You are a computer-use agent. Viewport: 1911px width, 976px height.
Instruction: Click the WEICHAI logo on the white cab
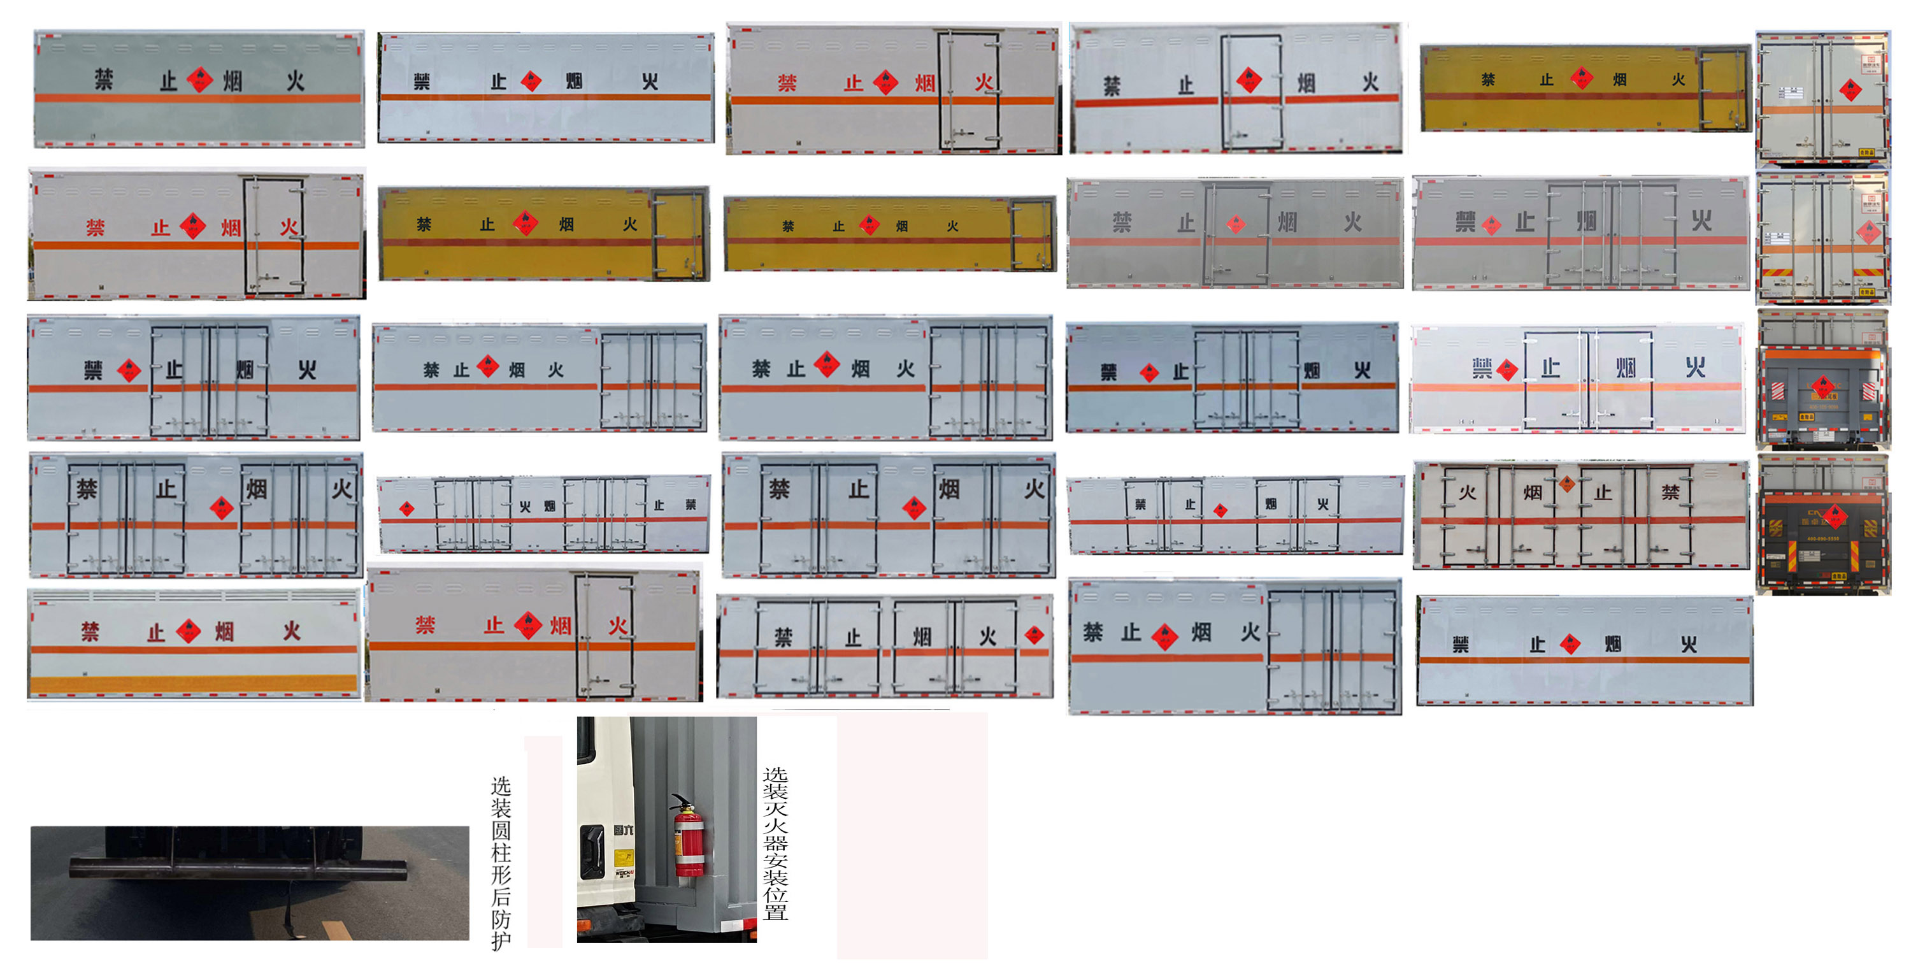(x=624, y=873)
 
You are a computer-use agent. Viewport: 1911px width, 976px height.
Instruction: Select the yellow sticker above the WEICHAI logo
(x=624, y=859)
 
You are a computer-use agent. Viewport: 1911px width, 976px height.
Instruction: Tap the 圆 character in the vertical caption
(x=501, y=831)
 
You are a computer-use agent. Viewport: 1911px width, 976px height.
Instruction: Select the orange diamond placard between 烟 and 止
(x=1567, y=484)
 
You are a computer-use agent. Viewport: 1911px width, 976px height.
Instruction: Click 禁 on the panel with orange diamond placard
(x=1670, y=492)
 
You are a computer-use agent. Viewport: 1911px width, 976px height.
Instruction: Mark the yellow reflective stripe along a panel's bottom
(x=193, y=683)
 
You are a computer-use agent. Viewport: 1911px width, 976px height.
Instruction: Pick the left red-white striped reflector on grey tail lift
(x=1779, y=391)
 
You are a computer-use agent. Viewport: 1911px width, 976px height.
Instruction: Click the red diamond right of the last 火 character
(x=1034, y=635)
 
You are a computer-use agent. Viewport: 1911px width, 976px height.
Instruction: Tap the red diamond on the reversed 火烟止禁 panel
(x=406, y=508)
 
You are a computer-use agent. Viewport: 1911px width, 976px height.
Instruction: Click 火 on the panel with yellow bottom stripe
(x=292, y=631)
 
